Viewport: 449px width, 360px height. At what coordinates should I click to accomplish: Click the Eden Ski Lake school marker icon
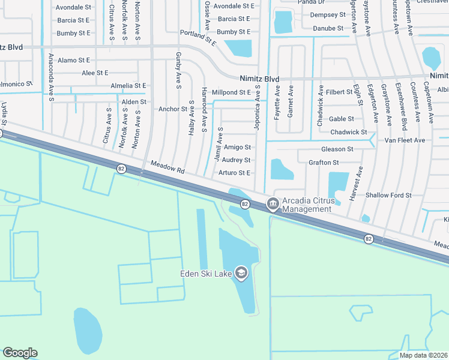click(x=241, y=274)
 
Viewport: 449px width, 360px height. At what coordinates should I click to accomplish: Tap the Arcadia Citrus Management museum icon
click(x=273, y=204)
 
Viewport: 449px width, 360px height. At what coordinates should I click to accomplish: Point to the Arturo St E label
click(x=234, y=173)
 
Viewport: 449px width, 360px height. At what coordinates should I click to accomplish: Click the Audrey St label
click(x=236, y=160)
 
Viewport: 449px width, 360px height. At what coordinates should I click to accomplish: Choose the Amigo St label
click(x=237, y=147)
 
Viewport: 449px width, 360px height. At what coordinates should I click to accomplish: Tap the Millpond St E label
click(x=231, y=92)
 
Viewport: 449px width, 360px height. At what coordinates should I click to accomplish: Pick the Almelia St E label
click(x=128, y=86)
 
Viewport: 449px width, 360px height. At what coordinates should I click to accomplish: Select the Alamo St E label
click(x=74, y=60)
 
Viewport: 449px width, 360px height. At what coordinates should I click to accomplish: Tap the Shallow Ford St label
click(x=388, y=195)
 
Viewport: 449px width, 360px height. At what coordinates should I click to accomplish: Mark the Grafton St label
click(x=324, y=163)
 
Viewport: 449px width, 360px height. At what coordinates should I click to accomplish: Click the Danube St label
click(x=327, y=28)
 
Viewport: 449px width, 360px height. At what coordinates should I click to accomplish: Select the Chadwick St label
click(x=349, y=132)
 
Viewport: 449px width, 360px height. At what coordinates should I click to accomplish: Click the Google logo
click(x=20, y=353)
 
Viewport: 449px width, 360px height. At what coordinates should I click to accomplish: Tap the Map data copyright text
click(x=423, y=355)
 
